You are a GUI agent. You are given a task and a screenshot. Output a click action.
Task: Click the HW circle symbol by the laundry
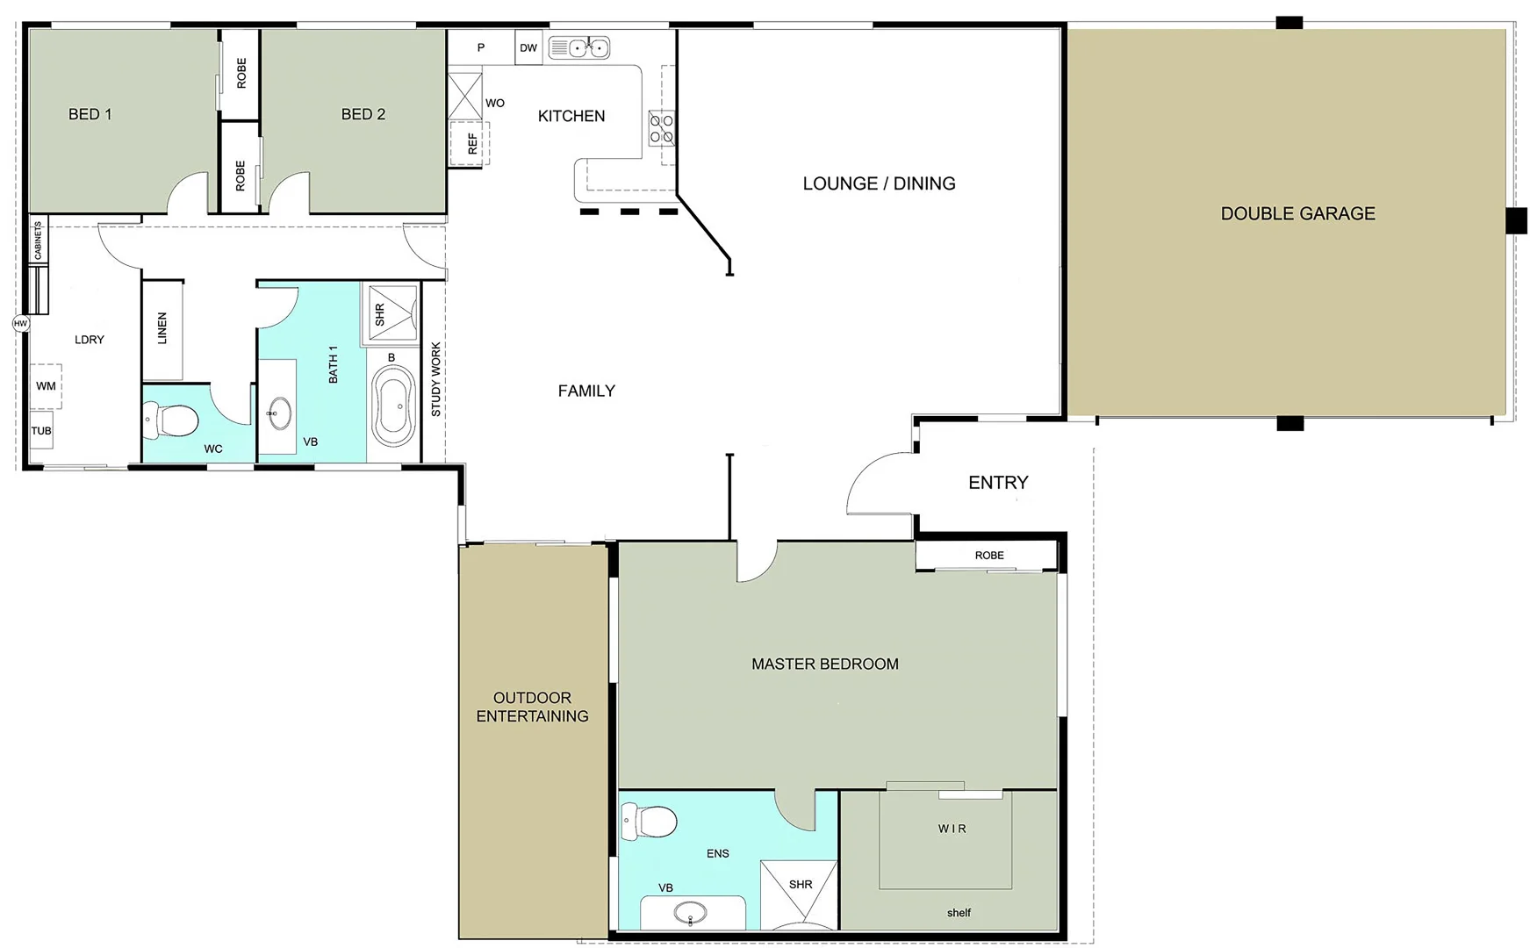(21, 324)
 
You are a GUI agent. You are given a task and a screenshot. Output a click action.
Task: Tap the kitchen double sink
(579, 47)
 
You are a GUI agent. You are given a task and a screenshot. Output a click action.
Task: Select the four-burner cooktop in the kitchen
(662, 128)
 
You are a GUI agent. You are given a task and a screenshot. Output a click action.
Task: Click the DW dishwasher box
(528, 48)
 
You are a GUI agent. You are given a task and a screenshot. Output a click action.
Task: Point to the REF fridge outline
(470, 143)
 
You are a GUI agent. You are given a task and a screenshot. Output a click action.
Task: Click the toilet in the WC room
(172, 420)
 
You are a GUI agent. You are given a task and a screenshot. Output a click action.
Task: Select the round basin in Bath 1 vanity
(280, 413)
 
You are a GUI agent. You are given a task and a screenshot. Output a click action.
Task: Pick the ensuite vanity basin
(691, 914)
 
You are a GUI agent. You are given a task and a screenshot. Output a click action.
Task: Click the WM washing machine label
(46, 386)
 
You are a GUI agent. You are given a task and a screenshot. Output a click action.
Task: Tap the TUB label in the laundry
(41, 431)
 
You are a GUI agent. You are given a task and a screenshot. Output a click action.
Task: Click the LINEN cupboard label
(162, 328)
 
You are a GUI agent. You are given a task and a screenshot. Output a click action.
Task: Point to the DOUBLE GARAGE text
(1297, 213)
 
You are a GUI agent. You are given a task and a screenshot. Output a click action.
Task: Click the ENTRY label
(998, 483)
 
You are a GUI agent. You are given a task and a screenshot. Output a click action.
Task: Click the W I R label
(952, 829)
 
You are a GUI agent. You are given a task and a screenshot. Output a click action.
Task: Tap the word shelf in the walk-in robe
(959, 913)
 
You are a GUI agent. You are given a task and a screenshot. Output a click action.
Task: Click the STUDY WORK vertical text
(436, 379)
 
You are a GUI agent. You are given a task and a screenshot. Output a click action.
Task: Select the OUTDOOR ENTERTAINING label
(533, 707)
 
